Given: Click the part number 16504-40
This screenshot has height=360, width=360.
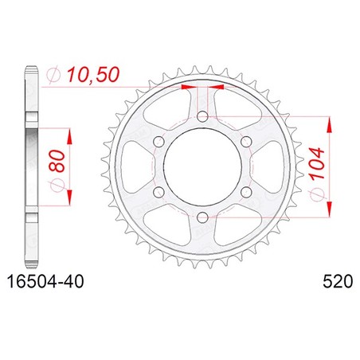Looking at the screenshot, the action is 45,281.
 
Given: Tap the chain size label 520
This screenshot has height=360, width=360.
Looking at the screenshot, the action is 338,281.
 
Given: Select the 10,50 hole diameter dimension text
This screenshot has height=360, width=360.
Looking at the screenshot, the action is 93,75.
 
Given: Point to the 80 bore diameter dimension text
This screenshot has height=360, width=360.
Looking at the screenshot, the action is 57,161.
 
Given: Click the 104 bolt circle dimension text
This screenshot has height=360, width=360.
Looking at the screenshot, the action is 317,164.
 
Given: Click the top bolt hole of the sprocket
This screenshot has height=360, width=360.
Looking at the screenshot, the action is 203,116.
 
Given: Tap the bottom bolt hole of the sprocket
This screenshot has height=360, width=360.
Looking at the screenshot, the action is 203,217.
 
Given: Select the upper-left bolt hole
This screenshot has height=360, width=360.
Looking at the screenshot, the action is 158,142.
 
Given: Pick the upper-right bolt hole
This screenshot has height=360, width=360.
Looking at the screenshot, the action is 247,142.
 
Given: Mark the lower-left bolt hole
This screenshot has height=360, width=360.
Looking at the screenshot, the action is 158,192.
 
